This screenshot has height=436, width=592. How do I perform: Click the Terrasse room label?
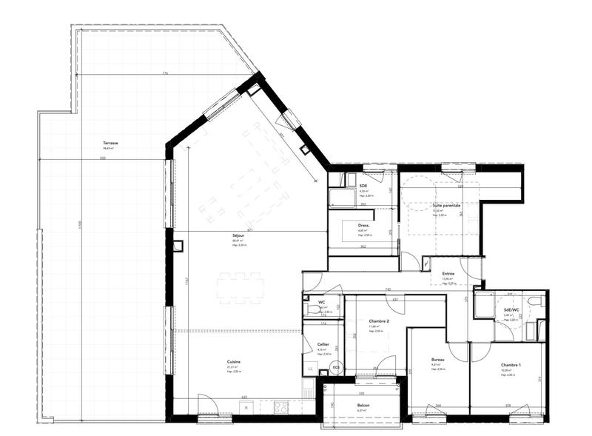click(x=112, y=143)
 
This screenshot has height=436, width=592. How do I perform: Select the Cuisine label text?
click(x=234, y=362)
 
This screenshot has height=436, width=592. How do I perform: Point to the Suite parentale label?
click(x=446, y=205)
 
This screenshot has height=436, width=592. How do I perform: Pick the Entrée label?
click(x=448, y=273)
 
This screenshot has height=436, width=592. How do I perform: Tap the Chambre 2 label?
click(x=380, y=321)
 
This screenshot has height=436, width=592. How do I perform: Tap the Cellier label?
click(x=323, y=345)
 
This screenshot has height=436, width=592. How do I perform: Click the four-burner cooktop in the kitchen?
click(x=281, y=406)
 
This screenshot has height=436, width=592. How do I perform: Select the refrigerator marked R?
click(x=245, y=406)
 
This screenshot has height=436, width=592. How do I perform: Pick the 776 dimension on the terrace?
click(x=165, y=73)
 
